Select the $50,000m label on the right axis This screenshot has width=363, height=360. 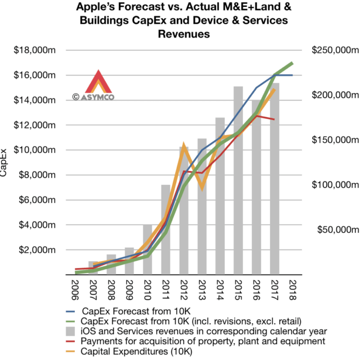[332, 229]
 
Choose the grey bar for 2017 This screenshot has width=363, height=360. [274, 176]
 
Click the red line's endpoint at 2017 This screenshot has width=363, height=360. [274, 119]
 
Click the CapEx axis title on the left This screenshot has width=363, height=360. [5, 163]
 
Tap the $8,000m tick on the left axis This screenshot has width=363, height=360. [40, 175]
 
